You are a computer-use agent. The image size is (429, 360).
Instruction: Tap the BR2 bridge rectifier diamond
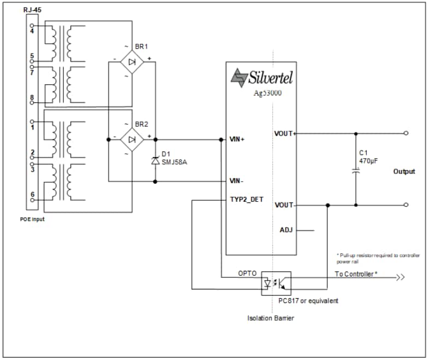click(132, 140)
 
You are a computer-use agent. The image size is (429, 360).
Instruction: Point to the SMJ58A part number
click(174, 161)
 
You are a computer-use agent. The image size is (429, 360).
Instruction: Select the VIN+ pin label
click(238, 140)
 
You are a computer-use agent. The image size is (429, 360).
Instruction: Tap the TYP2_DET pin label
click(246, 200)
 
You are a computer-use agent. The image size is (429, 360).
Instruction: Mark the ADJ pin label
click(286, 230)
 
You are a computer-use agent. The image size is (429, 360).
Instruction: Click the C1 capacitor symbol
click(356, 171)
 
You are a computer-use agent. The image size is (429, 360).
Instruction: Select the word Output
click(404, 171)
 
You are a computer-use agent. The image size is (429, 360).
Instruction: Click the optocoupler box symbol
click(276, 283)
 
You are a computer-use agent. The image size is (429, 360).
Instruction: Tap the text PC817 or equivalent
click(308, 301)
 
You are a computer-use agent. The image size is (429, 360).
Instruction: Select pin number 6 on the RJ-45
click(32, 194)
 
